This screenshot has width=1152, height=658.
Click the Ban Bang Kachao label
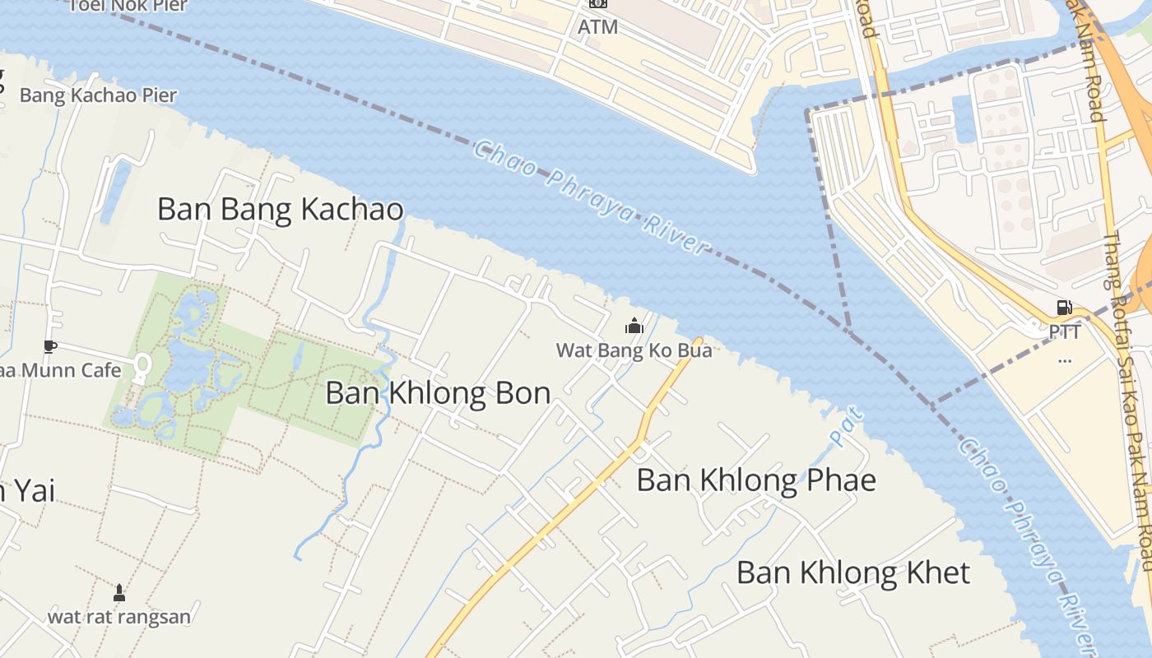tap(280, 209)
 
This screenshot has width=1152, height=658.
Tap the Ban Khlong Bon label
tap(438, 393)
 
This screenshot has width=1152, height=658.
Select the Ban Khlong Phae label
tap(755, 480)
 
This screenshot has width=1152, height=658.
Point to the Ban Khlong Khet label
tap(852, 572)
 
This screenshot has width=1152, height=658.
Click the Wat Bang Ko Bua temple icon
tap(634, 326)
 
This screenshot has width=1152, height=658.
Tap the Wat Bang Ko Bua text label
tap(634, 350)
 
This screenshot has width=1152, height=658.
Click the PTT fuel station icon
tap(1064, 308)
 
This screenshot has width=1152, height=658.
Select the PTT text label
tap(1065, 332)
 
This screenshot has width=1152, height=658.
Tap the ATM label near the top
tap(597, 27)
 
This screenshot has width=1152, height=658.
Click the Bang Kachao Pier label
tap(98, 95)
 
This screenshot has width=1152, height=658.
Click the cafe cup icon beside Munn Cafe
tap(49, 346)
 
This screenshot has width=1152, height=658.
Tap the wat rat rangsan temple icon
tap(119, 592)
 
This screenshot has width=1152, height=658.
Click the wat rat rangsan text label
tap(119, 616)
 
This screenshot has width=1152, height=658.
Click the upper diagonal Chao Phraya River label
tap(591, 197)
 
